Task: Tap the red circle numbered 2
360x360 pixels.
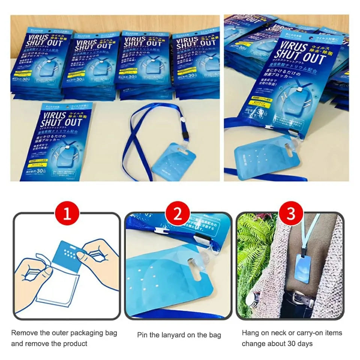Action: click(178, 214)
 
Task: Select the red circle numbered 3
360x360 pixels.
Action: click(289, 214)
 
